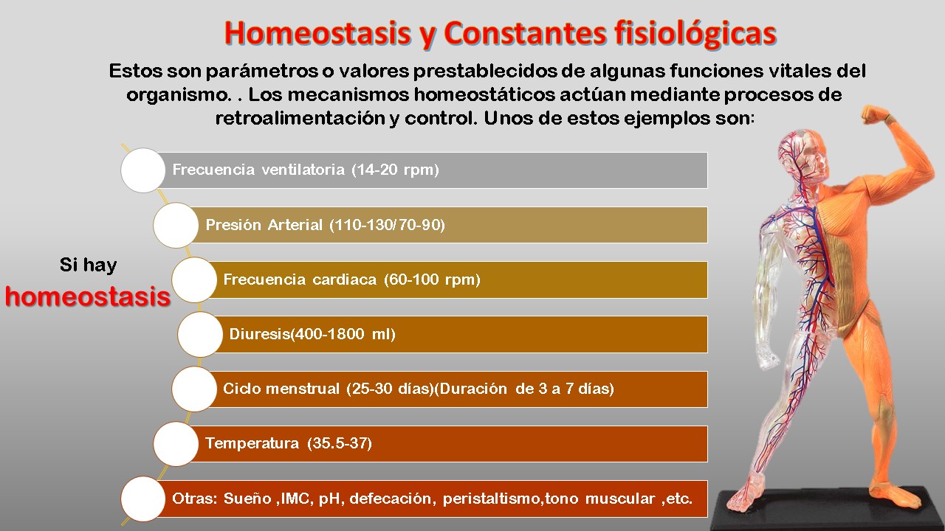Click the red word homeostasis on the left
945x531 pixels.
tap(87, 296)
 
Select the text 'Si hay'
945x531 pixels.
tap(88, 265)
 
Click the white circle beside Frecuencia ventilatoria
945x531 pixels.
tap(142, 170)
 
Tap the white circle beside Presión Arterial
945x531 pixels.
tap(176, 225)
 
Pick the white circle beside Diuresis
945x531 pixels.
tap(200, 334)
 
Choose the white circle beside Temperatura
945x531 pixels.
tap(176, 443)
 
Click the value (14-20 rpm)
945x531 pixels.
tap(396, 170)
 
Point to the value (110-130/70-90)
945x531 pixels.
tap(388, 225)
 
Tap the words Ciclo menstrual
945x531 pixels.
tap(282, 389)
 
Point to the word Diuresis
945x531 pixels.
tap(259, 334)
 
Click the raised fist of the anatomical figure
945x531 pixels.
tap(878, 117)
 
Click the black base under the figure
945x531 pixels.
tap(819, 509)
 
